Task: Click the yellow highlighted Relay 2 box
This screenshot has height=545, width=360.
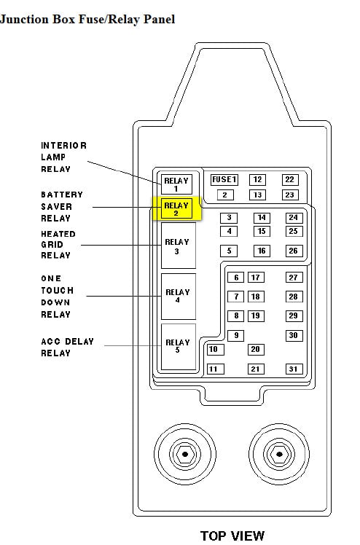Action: (x=176, y=208)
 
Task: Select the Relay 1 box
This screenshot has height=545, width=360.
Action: (x=176, y=184)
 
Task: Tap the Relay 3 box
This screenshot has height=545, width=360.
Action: (x=179, y=246)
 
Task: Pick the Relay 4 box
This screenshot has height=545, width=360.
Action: (x=179, y=297)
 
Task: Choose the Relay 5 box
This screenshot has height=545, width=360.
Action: (x=179, y=347)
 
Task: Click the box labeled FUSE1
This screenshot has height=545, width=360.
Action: (x=224, y=180)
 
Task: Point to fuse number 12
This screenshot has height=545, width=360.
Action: (x=257, y=180)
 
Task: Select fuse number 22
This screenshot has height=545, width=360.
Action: (x=290, y=180)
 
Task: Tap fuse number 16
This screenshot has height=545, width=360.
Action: (x=262, y=251)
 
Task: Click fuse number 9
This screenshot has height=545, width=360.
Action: (x=236, y=335)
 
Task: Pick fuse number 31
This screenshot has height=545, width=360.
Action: (x=294, y=369)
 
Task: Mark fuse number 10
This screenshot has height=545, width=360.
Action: (x=216, y=349)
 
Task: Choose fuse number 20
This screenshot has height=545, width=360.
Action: (x=256, y=349)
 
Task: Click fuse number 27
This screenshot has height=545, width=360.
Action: (x=294, y=278)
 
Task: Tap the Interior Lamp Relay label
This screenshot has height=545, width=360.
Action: (x=64, y=157)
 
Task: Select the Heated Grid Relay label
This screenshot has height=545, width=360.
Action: (x=58, y=245)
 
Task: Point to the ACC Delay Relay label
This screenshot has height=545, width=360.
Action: (x=68, y=348)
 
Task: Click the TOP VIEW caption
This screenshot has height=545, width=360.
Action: (x=232, y=536)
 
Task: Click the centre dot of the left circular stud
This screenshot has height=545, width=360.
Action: (x=185, y=454)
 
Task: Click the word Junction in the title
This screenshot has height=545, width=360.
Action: (x=24, y=19)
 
